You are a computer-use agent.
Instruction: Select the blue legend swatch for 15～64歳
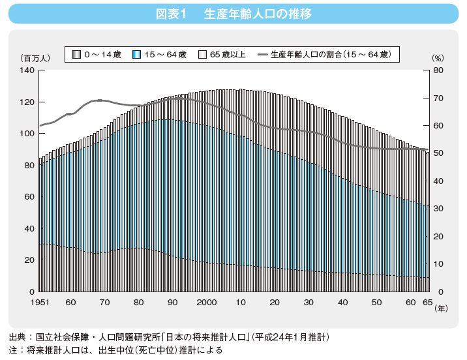(x=136, y=54)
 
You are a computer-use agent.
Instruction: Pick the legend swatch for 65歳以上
(x=202, y=54)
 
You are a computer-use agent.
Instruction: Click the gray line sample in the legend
(x=263, y=54)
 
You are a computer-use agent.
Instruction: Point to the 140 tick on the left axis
(x=27, y=70)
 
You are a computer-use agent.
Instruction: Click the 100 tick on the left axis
(x=27, y=134)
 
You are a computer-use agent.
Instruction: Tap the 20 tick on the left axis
(x=29, y=260)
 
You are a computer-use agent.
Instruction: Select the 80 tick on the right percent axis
(x=438, y=70)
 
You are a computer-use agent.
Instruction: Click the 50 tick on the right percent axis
(x=438, y=153)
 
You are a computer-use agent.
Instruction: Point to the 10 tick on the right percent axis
(x=438, y=263)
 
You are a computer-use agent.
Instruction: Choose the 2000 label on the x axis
(x=207, y=303)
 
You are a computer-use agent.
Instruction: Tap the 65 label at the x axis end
(x=427, y=303)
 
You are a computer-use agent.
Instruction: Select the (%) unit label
(x=438, y=59)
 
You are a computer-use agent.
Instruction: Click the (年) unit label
(x=442, y=310)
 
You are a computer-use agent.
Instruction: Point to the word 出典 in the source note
(x=18, y=337)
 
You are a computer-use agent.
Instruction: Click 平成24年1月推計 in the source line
(x=293, y=337)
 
